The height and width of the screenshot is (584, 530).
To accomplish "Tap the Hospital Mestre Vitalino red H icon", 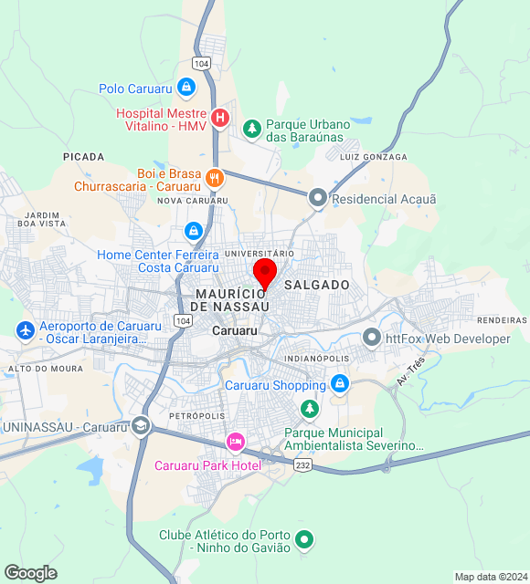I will click(219, 118).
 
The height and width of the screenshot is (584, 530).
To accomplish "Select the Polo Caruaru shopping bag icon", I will click(186, 89).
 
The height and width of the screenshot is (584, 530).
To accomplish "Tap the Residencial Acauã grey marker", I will click(318, 198).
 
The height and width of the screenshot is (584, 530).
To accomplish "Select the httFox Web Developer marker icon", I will click(372, 339).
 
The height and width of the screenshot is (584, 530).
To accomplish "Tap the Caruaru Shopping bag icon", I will click(340, 384).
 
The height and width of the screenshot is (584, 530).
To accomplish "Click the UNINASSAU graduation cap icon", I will click(141, 426).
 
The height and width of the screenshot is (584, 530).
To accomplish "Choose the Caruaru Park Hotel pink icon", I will click(236, 443).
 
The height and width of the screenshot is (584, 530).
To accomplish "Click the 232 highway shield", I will click(302, 465).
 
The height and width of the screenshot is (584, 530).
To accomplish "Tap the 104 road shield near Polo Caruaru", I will click(202, 63).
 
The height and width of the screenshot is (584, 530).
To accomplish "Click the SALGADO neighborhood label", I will click(317, 285).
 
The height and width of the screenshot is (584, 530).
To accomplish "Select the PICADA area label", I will click(84, 157).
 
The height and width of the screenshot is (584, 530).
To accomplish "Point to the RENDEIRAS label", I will click(503, 320).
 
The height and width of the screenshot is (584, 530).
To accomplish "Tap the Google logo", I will click(30, 573).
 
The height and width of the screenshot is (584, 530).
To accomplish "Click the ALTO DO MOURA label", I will click(45, 369).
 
